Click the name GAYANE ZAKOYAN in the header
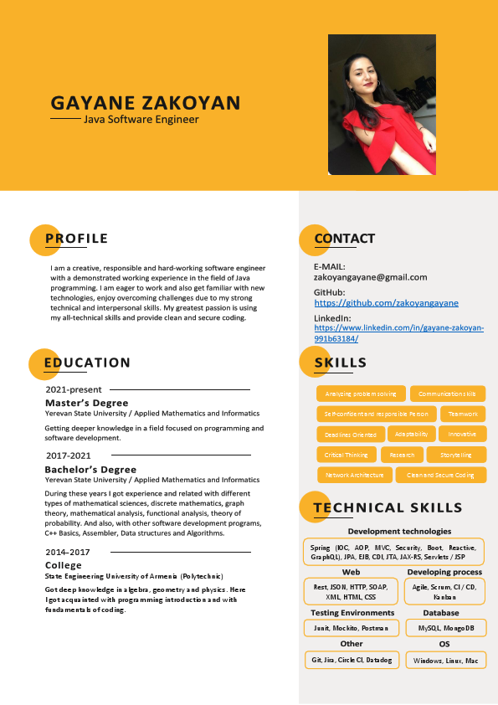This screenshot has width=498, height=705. pos(146,103)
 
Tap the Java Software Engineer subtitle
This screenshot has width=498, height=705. pos(141,120)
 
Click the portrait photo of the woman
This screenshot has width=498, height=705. pos(382,104)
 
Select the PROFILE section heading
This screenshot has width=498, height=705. pos(76,239)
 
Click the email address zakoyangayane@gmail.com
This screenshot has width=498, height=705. pos(370,277)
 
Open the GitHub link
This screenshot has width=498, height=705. pos(386,303)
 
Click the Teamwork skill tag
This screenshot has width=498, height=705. pos(462,414)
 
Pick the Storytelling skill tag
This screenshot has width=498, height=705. pos(455,455)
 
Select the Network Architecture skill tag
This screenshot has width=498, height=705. pos(354,475)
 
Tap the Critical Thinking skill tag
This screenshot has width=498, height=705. pos(346,455)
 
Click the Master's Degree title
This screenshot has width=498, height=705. pos(86,403)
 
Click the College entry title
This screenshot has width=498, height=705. pos(64,565)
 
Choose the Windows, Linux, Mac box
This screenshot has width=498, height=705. pos(445,661)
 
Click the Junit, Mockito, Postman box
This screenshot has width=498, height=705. pos(350,628)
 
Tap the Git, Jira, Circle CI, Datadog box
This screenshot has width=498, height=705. pos(351,661)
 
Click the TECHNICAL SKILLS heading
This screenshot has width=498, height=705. pos(388,507)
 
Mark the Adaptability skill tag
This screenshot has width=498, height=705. pos(411,434)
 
